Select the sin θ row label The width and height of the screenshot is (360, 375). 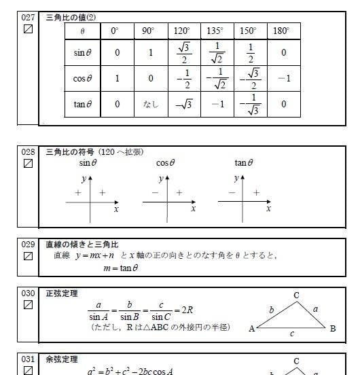pyautogui.click(x=83, y=52)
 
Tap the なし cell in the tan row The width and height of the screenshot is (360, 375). pyautogui.click(x=150, y=104)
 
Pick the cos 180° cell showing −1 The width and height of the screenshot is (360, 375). pyautogui.click(x=284, y=78)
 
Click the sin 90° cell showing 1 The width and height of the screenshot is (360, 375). pyautogui.click(x=150, y=52)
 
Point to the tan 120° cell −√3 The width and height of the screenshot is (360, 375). pyautogui.click(x=183, y=104)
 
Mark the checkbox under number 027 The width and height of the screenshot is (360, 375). pyautogui.click(x=29, y=29)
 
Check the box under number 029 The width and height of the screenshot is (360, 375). pyautogui.click(x=29, y=256)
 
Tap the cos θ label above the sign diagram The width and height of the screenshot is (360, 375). pyautogui.click(x=166, y=163)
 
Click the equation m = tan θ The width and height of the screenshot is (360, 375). pyautogui.click(x=121, y=268)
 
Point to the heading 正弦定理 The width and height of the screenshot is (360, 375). pyautogui.click(x=61, y=293)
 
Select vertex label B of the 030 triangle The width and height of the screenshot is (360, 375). pyautogui.click(x=333, y=329)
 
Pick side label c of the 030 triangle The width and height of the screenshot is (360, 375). pyautogui.click(x=293, y=334)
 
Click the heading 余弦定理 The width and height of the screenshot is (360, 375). pyautogui.click(x=61, y=359)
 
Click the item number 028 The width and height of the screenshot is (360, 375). pyautogui.click(x=28, y=152)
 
